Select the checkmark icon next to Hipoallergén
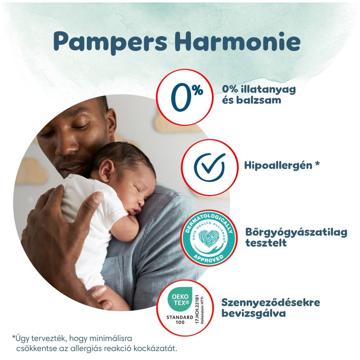(x=210, y=167)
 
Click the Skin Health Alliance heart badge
(x=207, y=237)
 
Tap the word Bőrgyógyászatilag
(x=296, y=232)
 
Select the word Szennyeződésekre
(x=271, y=303)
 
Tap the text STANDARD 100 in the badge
(x=179, y=320)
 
